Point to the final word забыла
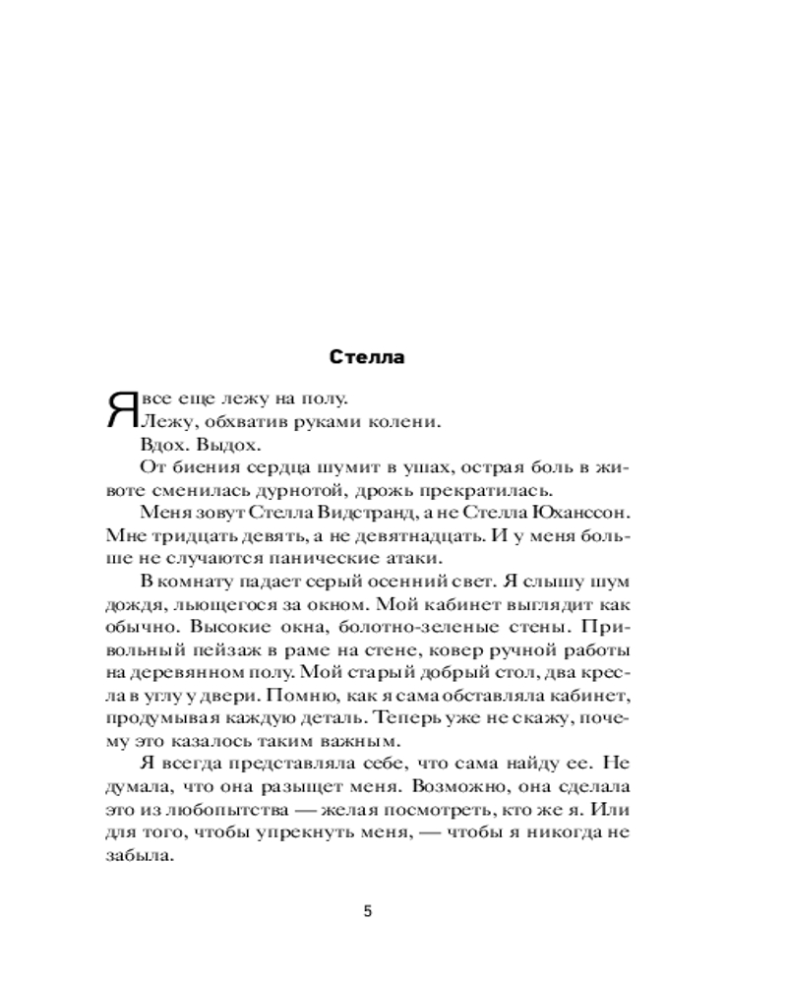click(130, 856)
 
